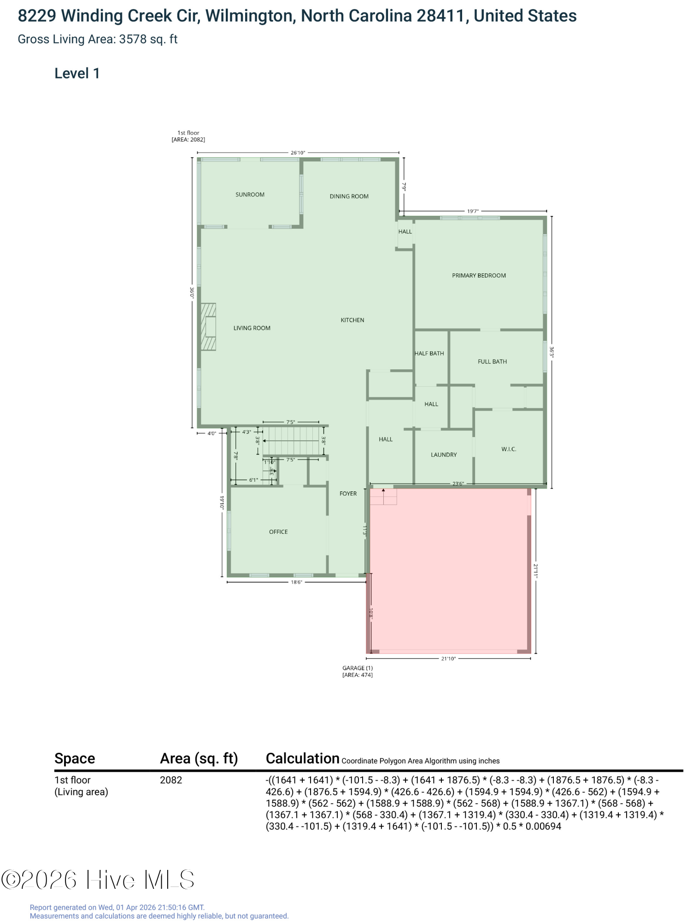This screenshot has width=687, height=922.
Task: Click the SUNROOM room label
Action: point(250,195)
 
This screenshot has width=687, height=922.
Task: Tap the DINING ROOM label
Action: point(349,196)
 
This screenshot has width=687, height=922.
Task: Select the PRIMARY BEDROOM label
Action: point(479,276)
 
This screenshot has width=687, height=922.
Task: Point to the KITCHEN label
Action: point(352,320)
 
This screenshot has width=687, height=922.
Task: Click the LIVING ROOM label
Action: point(252,328)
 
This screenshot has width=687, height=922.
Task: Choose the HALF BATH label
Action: point(429,354)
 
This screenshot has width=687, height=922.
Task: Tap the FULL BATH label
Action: point(492,362)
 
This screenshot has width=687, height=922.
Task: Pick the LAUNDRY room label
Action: point(444,455)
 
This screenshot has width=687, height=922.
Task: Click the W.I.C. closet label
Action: point(509,449)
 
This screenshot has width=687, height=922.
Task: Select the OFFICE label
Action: point(278,532)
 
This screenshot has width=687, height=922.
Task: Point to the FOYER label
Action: point(348,494)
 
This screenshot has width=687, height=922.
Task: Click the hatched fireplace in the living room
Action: point(208,327)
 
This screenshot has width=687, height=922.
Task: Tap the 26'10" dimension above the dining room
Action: point(298,153)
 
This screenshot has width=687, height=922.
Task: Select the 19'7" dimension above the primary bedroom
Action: point(473,212)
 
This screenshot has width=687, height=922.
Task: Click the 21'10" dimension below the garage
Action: point(448,659)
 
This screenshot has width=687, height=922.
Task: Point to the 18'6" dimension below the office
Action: point(296,582)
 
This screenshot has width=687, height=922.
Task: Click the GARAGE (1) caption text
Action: point(358,668)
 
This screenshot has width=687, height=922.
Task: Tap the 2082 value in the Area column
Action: point(171,780)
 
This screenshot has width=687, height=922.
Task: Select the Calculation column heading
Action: point(303,758)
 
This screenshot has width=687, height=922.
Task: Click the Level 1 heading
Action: point(77,73)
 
